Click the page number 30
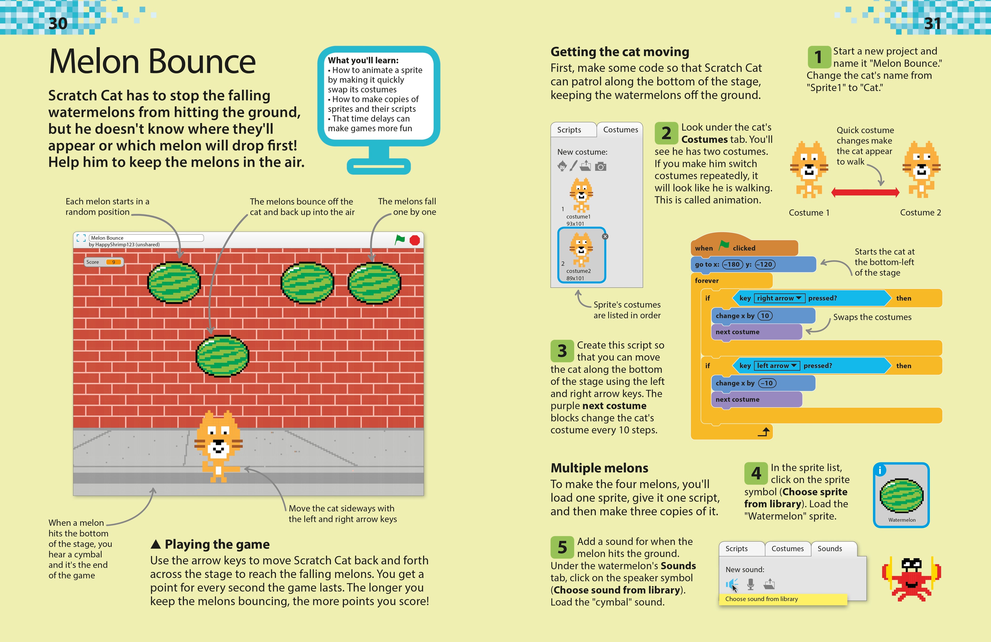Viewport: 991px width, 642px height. pos(58,23)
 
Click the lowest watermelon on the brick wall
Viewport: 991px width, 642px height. pos(222,356)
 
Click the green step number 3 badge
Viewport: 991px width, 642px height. pos(562,351)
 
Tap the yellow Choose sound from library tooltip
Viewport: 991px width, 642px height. pos(782,599)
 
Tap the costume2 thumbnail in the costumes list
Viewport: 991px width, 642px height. pos(581,254)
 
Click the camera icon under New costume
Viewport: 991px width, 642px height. pos(601,166)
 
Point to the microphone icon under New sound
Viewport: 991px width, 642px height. pos(750,584)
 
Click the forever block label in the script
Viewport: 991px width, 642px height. pos(707,280)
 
